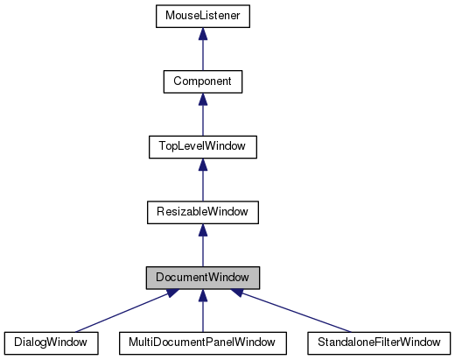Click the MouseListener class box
point(202,16)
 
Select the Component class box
point(202,81)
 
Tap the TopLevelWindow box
point(202,146)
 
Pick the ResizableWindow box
point(202,211)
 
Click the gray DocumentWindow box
point(202,277)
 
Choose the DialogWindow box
point(50,342)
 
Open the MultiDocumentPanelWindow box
point(202,342)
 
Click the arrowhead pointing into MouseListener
point(202,34)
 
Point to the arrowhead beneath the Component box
point(202,99)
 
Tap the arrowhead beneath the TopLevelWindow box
point(202,164)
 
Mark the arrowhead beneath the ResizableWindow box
point(202,229)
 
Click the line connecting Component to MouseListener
point(202,55)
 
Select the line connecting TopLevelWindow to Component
point(202,120)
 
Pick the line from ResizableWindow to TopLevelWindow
point(202,185)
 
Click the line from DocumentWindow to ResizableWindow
point(202,251)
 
